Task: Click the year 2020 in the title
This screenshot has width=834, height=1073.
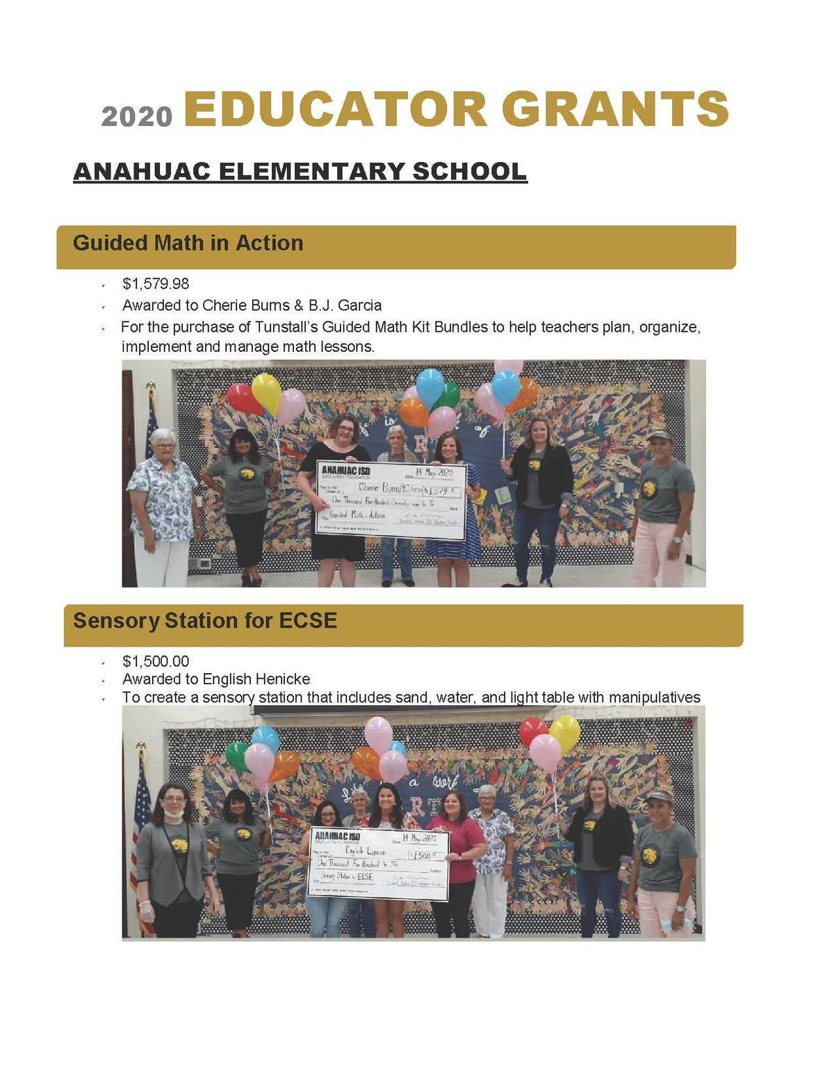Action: [137, 116]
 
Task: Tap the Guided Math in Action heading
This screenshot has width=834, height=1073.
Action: [188, 243]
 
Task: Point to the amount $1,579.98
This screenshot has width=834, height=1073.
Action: [156, 284]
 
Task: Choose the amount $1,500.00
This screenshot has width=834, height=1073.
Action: [156, 661]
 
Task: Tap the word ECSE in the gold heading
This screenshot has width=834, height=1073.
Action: [308, 620]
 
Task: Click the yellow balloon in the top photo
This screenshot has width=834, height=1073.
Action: [265, 392]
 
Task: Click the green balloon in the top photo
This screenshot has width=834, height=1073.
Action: [448, 395]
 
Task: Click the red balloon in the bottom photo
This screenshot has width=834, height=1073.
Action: [533, 732]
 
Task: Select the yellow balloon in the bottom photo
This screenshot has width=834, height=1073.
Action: [565, 733]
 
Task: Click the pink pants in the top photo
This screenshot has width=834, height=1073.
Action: [659, 549]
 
